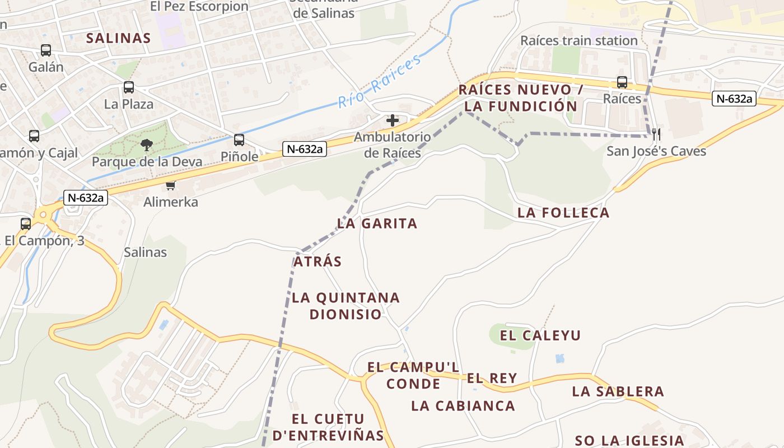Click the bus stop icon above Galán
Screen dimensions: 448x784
point(46,50)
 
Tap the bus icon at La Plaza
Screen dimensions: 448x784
point(129,87)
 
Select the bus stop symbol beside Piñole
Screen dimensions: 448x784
point(239,140)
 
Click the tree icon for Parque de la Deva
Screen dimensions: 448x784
point(147,146)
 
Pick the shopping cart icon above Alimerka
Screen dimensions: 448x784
point(170,185)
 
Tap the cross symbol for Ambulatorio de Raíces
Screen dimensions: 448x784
point(393,120)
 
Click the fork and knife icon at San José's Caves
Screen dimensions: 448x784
point(656,134)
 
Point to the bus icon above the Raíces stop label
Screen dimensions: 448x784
point(622,82)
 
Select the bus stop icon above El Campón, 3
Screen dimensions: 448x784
point(26,224)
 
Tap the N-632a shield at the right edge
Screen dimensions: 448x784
point(734,99)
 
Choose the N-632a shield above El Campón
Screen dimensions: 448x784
point(86,198)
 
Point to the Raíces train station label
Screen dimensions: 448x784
point(579,41)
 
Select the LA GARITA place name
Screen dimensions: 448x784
point(377,224)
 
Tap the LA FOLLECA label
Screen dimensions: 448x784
point(563,213)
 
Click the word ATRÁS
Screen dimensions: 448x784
point(318,262)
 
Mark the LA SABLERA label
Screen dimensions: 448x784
point(618,391)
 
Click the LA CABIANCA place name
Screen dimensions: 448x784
point(463,406)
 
